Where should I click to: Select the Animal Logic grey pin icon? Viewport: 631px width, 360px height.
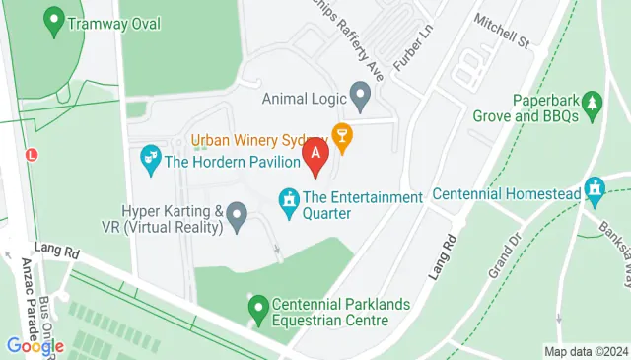(x=360, y=97)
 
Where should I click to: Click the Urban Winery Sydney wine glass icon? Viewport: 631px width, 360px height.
(x=342, y=137)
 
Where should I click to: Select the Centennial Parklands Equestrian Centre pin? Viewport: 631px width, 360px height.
(x=258, y=308)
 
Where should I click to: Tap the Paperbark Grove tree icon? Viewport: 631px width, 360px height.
(x=592, y=103)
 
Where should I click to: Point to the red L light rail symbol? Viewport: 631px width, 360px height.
(x=32, y=155)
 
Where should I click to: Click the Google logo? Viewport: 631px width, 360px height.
(x=35, y=346)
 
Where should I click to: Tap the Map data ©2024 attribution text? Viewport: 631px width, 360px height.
(x=586, y=351)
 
